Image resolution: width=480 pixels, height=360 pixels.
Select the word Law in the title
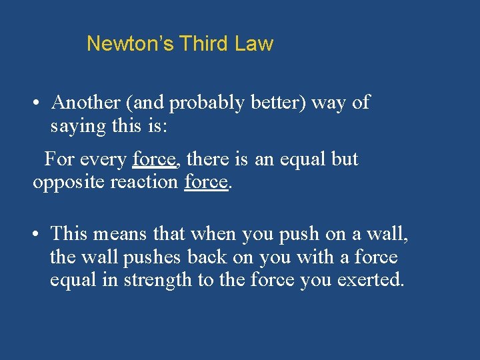[x=254, y=44]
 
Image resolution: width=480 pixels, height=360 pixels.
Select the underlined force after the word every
[x=154, y=159]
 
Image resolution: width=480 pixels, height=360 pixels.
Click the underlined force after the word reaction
[x=206, y=181]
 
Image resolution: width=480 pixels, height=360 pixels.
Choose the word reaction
[x=145, y=181]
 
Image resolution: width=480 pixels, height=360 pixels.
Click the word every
[x=104, y=159]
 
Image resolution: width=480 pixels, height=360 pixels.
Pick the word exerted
[x=371, y=280]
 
